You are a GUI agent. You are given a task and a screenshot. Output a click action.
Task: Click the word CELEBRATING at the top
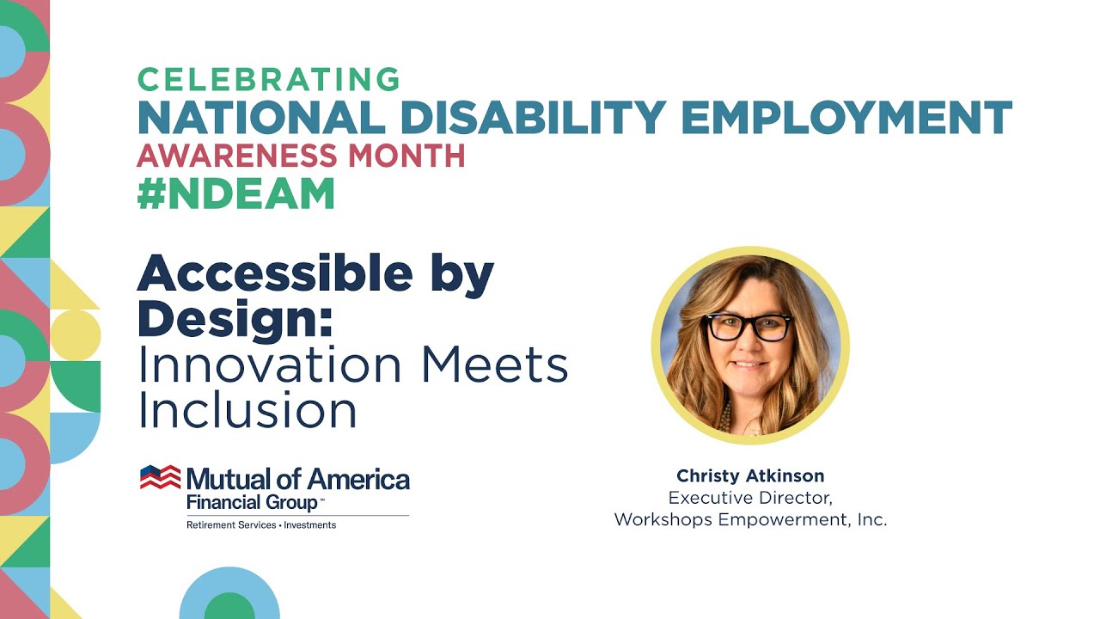tap(268, 79)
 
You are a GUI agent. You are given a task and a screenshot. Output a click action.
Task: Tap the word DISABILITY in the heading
tap(533, 117)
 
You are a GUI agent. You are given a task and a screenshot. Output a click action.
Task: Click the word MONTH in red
tap(405, 156)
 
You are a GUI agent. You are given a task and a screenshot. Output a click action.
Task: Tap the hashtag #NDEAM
tap(235, 194)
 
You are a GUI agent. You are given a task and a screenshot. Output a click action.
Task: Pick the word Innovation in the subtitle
tap(271, 365)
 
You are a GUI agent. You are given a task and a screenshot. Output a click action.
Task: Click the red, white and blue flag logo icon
tap(161, 477)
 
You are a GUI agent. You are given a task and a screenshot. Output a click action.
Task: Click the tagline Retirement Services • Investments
tap(261, 524)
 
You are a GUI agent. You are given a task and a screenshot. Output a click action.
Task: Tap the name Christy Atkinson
tap(749, 475)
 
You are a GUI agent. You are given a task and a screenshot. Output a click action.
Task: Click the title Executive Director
tap(750, 498)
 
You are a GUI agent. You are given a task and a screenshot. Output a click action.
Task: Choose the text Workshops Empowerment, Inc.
tap(750, 520)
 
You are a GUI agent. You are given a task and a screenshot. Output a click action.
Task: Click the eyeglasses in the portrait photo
tap(748, 327)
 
